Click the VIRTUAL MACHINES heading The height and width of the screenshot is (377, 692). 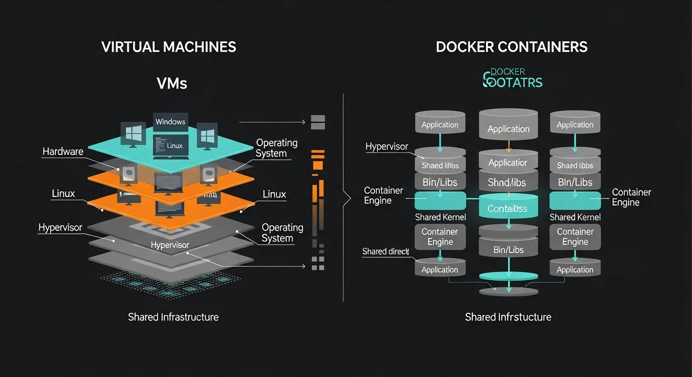pyautogui.click(x=169, y=47)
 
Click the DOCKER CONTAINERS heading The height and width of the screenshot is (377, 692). pyautogui.click(x=512, y=47)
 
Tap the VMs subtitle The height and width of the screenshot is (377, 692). pyautogui.click(x=172, y=83)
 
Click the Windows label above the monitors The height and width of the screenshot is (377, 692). pyautogui.click(x=170, y=122)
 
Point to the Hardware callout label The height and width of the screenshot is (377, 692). pyautogui.click(x=63, y=152)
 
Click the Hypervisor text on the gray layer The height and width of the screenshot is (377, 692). pyautogui.click(x=170, y=245)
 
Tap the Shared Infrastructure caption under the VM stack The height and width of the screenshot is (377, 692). pyautogui.click(x=173, y=317)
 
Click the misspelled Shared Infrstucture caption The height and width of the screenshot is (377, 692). pyautogui.click(x=508, y=317)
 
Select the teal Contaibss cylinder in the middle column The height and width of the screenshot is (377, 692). pyautogui.click(x=508, y=209)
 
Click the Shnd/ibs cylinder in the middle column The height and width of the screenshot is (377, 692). pyautogui.click(x=508, y=183)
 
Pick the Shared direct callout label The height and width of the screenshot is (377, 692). pyautogui.click(x=385, y=251)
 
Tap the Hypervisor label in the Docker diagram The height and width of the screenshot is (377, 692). pyautogui.click(x=387, y=146)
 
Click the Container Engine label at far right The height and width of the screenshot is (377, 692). pyautogui.click(x=631, y=197)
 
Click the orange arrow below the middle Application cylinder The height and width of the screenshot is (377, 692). pyautogui.click(x=508, y=145)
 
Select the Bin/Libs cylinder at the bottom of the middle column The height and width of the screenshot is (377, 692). pyautogui.click(x=508, y=250)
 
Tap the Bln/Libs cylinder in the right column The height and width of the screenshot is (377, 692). pyautogui.click(x=575, y=183)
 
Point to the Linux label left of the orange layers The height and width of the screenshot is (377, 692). pyautogui.click(x=63, y=193)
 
